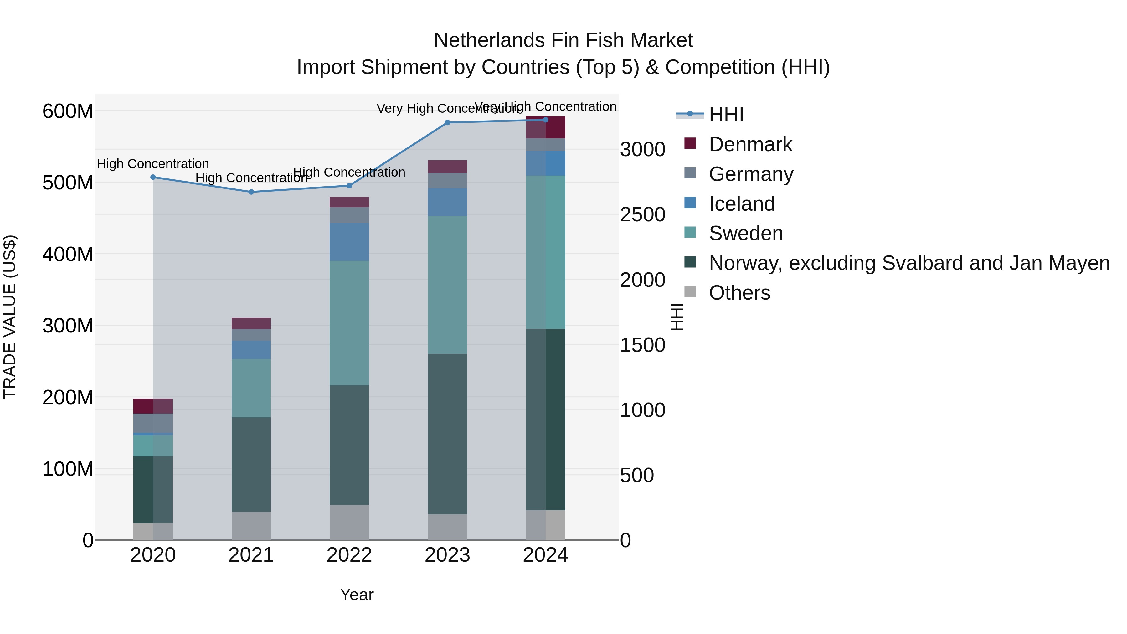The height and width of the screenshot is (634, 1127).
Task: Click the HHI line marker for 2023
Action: (x=447, y=122)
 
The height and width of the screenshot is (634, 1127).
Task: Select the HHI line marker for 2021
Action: (x=251, y=192)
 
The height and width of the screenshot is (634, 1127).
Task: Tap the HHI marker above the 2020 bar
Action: (x=153, y=177)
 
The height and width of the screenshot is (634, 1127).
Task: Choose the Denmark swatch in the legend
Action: (x=690, y=143)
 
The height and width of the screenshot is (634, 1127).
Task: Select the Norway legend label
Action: (x=909, y=263)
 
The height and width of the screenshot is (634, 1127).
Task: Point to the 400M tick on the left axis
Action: (x=68, y=254)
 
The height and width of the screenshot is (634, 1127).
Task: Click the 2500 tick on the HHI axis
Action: (x=642, y=215)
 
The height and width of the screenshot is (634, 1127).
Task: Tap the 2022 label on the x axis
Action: (x=349, y=555)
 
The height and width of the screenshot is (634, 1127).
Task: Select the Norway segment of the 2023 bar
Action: (x=447, y=434)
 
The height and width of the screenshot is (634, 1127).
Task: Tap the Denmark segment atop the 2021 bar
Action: (x=251, y=323)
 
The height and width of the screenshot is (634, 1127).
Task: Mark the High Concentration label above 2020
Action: (x=153, y=164)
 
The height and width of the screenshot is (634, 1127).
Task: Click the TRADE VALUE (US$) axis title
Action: (x=10, y=317)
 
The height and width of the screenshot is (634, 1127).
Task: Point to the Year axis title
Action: (x=357, y=595)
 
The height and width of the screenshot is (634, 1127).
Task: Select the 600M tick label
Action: (x=68, y=111)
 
